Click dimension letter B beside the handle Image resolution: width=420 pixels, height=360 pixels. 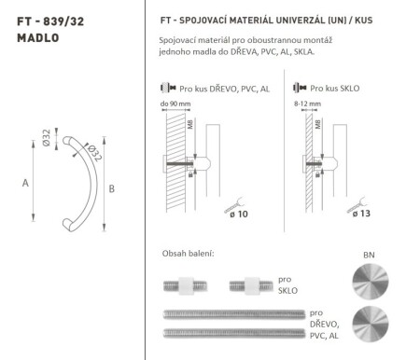[112, 190]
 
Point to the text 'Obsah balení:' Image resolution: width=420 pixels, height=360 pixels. [189, 253]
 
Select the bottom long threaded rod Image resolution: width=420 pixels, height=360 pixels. [234, 332]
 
